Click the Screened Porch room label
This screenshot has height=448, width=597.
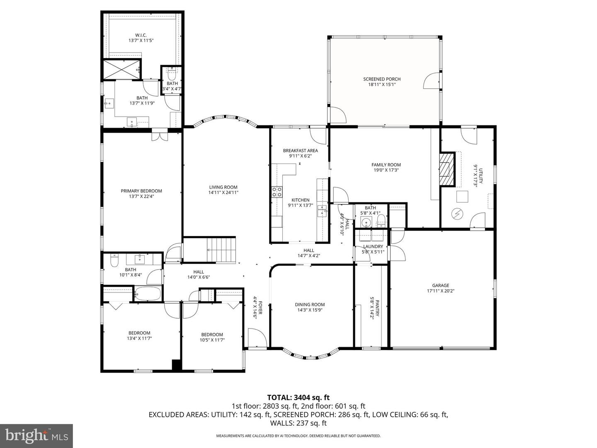[382, 79]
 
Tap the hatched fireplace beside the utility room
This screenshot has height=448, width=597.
[447, 169]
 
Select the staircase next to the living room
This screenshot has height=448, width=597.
[221, 250]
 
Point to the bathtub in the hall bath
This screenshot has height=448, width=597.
[148, 294]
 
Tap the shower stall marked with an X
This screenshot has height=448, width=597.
[121, 69]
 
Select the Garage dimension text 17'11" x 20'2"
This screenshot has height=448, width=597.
[441, 291]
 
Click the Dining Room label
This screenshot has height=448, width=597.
[310, 304]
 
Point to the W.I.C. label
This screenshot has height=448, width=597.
[141, 35]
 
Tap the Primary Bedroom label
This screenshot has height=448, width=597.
[141, 191]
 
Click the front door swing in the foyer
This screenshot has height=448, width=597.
[257, 338]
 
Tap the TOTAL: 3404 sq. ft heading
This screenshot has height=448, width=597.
[298, 398]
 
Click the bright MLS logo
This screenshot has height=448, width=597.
[36, 435]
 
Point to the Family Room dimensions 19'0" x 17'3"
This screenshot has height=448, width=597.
[386, 170]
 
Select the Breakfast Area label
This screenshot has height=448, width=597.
[300, 151]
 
